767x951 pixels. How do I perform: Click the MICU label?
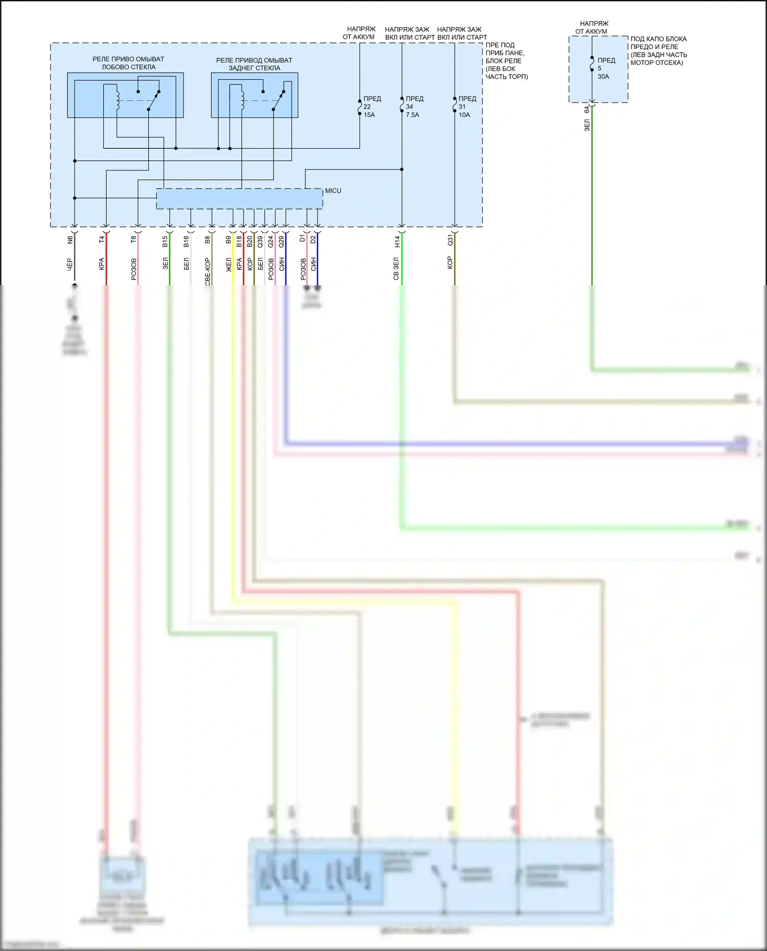point(333,191)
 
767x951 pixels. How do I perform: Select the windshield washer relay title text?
point(128,63)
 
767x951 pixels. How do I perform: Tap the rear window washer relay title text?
point(254,64)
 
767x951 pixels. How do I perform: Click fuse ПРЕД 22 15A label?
point(371,106)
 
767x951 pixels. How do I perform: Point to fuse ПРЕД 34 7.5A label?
point(414,106)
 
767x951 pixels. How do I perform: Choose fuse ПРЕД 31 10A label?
point(466,106)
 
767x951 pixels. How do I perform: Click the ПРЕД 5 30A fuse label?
point(605,68)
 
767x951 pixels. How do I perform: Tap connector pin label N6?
point(71,239)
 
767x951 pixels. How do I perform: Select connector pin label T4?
point(102,239)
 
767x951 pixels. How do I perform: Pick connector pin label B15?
point(165,241)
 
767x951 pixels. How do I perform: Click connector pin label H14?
point(397,241)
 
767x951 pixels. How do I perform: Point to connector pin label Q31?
point(450,240)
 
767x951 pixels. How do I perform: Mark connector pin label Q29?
point(281,241)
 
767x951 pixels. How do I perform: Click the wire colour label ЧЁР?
point(70,264)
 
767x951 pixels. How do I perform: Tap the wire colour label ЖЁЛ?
point(229,264)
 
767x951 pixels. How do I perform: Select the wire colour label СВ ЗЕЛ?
point(396,268)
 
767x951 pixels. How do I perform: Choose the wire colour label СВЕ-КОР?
point(208,271)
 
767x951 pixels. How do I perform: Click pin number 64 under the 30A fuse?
point(587,109)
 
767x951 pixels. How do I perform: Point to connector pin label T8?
point(133,239)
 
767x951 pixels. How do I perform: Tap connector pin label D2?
point(313,239)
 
